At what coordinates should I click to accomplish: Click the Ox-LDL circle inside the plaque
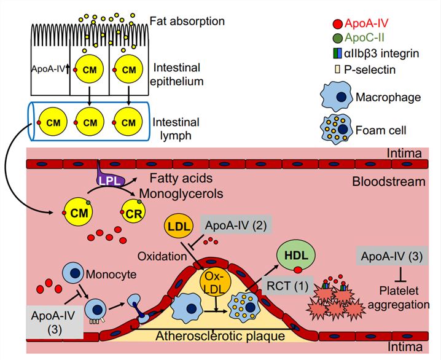(215, 281)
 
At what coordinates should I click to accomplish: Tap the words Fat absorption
(187, 22)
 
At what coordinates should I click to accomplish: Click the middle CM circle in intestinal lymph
(90, 123)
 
